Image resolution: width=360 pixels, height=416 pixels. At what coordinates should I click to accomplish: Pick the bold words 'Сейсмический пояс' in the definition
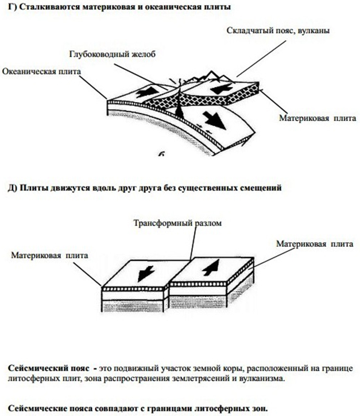point(44,367)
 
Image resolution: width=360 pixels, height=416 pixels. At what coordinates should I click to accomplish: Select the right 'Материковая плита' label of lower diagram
point(313,244)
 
